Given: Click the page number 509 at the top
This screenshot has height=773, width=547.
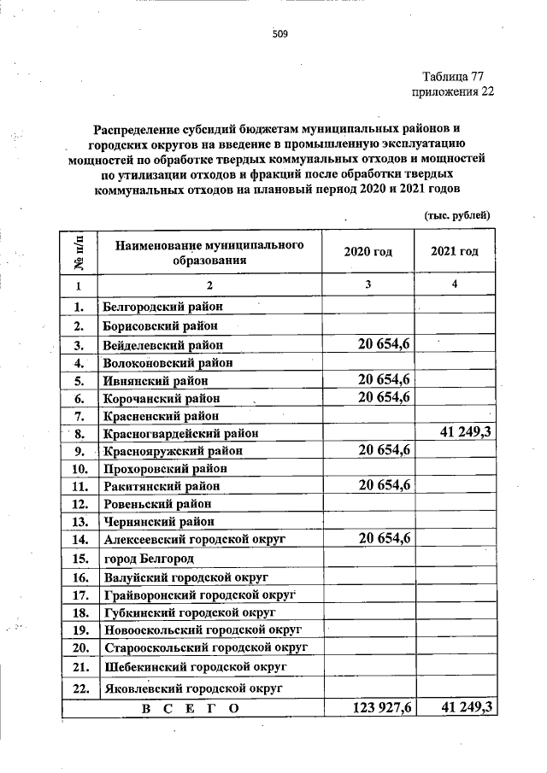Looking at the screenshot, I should (x=279, y=35).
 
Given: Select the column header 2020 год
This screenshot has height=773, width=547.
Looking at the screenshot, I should (x=368, y=252).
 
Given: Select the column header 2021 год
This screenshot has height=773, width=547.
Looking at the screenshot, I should (x=454, y=252).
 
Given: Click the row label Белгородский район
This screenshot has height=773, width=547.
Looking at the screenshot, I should (x=161, y=306).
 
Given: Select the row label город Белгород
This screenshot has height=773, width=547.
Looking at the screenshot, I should (x=149, y=559).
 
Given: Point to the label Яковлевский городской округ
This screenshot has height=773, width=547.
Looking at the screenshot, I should (x=193, y=688).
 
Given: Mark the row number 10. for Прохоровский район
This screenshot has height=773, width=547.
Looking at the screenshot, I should (x=80, y=468).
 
